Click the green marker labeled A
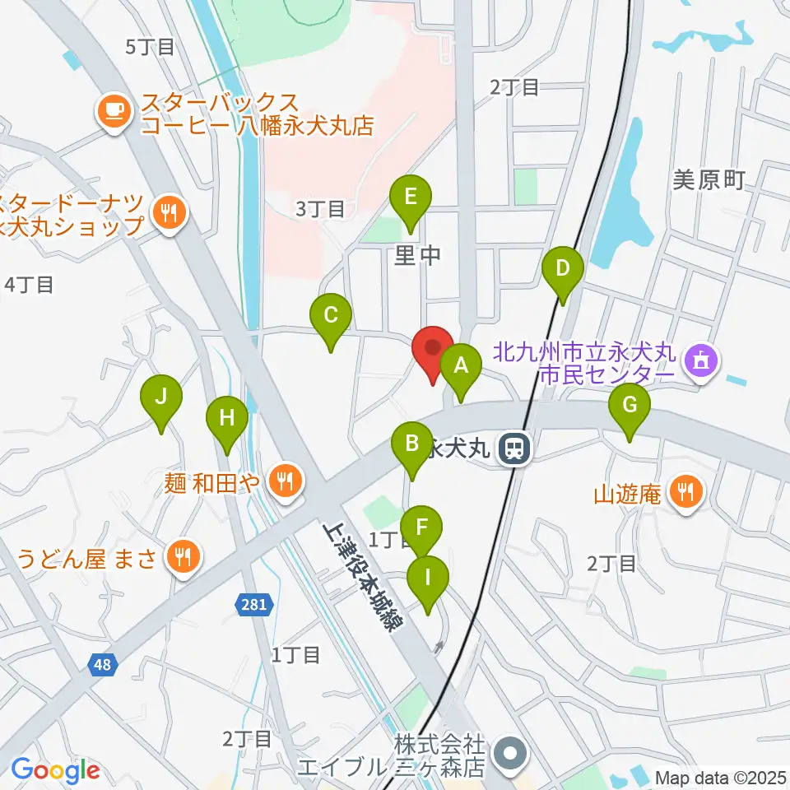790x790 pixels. coord(461,365)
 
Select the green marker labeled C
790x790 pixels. coord(331,315)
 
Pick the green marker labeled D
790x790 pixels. coord(563,269)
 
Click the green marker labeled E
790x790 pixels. coord(411,198)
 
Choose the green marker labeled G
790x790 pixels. coord(630,406)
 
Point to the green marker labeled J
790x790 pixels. coord(161,397)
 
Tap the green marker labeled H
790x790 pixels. coord(227,419)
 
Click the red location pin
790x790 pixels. coord(432,349)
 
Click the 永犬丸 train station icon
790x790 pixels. coord(516,449)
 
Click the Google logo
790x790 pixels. coord(55,770)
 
